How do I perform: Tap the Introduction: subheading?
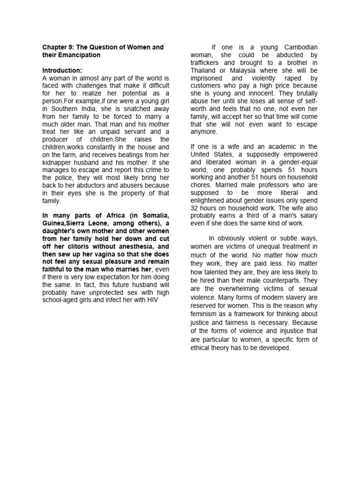click(62, 70)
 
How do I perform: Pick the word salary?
click(305, 215)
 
